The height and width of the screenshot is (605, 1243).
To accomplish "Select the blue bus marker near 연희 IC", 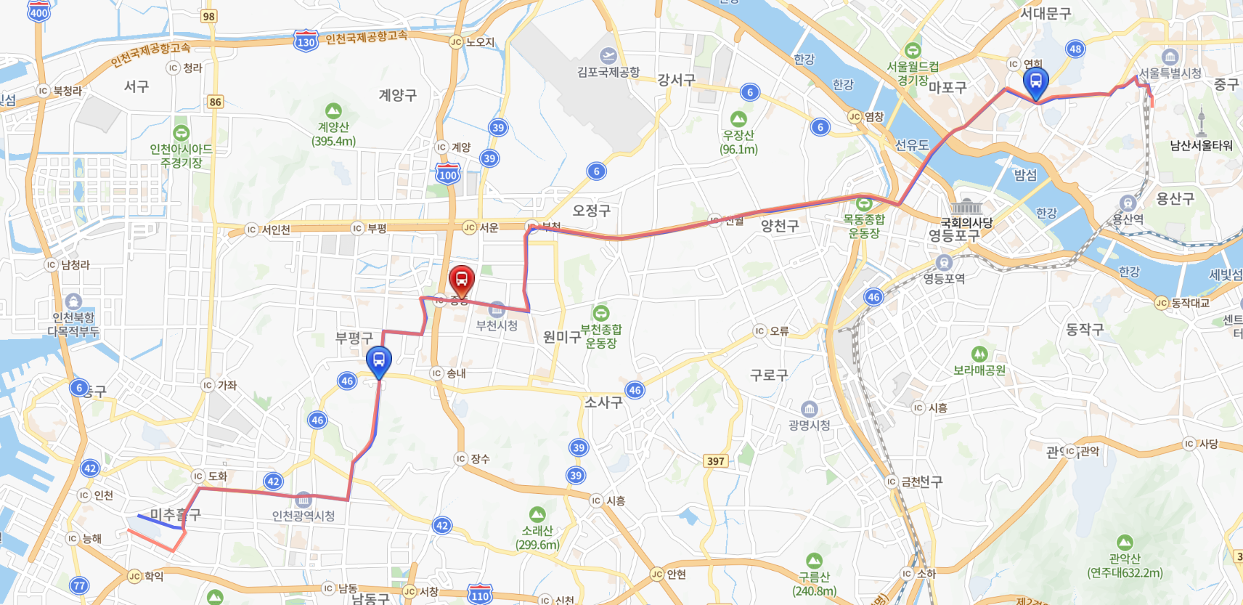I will [1036, 82].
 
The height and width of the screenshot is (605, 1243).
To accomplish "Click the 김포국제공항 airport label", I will [608, 72].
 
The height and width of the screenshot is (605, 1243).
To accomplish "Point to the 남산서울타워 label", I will [1201, 145].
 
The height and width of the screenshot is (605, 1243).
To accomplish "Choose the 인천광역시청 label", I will [303, 516].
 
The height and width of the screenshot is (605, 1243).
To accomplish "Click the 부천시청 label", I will [497, 325].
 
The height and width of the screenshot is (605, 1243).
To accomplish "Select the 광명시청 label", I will [809, 425].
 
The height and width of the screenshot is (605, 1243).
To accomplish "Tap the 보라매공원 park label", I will [979, 370].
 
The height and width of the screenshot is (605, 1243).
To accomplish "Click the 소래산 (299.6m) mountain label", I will [537, 537].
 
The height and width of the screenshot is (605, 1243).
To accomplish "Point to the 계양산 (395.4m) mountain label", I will [333, 134].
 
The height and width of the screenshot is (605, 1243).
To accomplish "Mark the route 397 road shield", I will [716, 460].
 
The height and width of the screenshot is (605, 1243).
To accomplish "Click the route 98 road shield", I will [209, 16].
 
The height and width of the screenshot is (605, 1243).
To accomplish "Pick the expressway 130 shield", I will [306, 41].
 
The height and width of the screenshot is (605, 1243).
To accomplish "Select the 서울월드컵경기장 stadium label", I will [913, 73].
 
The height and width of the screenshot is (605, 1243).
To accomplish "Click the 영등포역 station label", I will [944, 278].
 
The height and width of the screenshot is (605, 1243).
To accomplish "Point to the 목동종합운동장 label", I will [864, 226].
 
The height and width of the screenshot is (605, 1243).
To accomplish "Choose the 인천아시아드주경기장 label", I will [181, 155].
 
